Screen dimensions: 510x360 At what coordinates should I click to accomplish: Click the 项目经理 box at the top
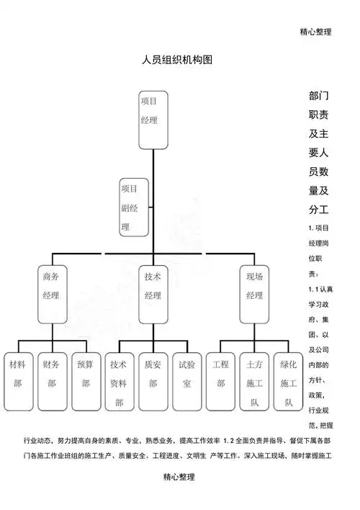coord(153,119)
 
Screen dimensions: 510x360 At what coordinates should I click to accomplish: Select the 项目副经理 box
coord(135,207)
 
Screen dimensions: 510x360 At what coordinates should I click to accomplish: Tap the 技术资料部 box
coord(119,384)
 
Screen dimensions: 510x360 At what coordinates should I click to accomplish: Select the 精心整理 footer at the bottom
coord(179,477)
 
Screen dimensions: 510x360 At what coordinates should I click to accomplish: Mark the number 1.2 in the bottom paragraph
coord(230,440)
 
